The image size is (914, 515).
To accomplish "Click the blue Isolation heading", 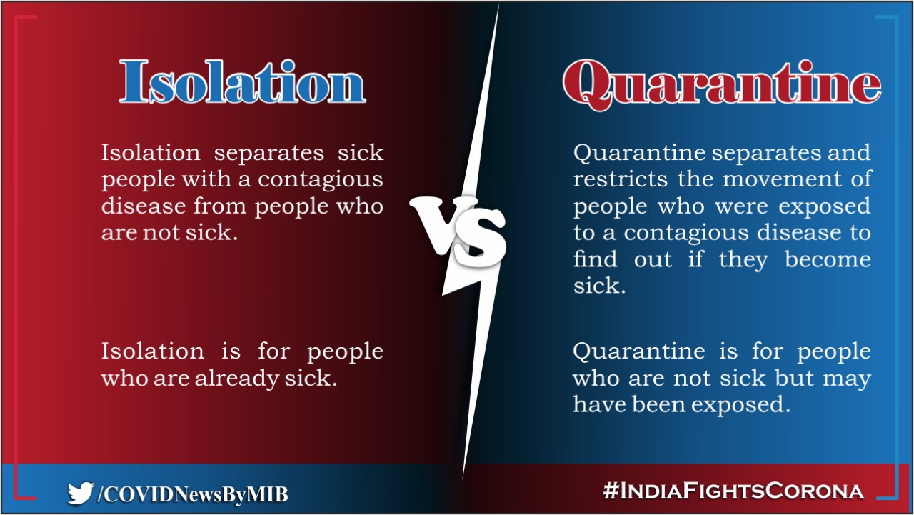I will (242, 81).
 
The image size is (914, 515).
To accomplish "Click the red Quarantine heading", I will (721, 84).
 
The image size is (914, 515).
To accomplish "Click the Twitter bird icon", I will (80, 492).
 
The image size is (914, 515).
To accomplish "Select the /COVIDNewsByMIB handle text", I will (192, 493).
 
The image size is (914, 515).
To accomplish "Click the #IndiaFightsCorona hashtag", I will (733, 491).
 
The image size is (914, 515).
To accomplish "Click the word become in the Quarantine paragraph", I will (828, 259).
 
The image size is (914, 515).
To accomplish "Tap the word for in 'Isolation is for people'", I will (273, 351).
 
